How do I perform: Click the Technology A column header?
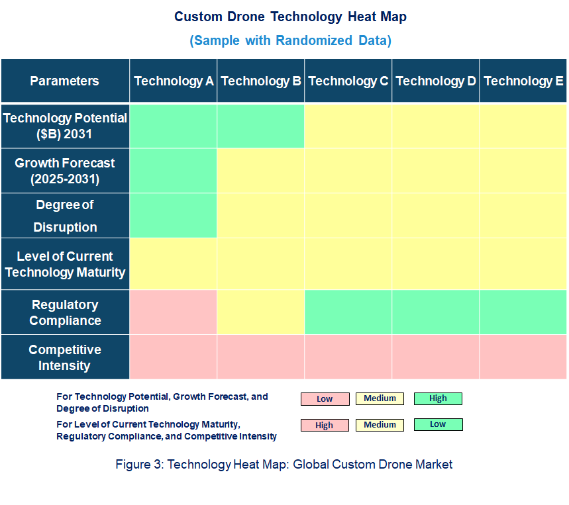174,81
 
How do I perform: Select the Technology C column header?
348,81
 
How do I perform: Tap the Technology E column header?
523,81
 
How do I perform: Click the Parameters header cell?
65,81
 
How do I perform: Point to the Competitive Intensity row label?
65,357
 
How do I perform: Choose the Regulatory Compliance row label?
65,312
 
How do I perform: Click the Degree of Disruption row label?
65,216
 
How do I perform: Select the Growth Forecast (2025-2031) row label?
65,171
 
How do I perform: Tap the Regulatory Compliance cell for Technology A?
174,312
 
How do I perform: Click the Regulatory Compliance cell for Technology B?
261,312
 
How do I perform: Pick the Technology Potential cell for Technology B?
261,126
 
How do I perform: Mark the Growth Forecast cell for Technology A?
174,171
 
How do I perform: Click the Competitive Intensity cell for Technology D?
436,357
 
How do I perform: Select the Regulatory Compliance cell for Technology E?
523,312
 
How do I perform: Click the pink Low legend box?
325,399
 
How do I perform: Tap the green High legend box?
438,398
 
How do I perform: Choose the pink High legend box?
325,426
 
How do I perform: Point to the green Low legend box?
438,424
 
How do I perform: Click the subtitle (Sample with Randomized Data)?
290,40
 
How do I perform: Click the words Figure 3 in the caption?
138,464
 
